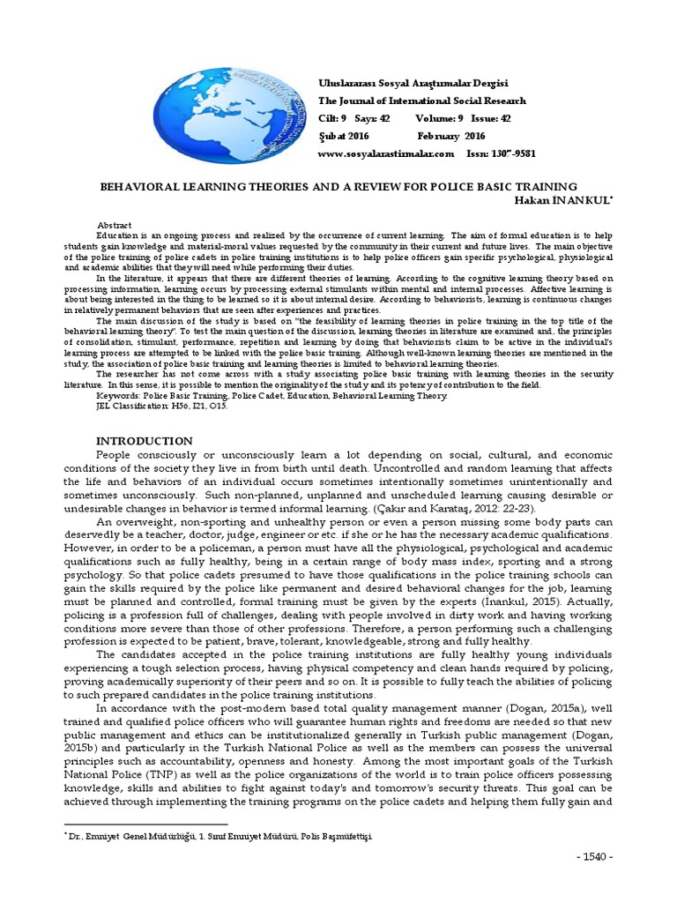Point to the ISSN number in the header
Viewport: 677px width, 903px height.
point(500,153)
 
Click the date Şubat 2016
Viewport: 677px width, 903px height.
point(343,136)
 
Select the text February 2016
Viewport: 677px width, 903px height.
point(450,136)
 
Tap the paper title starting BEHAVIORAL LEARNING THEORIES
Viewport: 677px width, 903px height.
point(338,187)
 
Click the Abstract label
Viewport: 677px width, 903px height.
point(114,226)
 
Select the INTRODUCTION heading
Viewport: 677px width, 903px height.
point(144,440)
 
